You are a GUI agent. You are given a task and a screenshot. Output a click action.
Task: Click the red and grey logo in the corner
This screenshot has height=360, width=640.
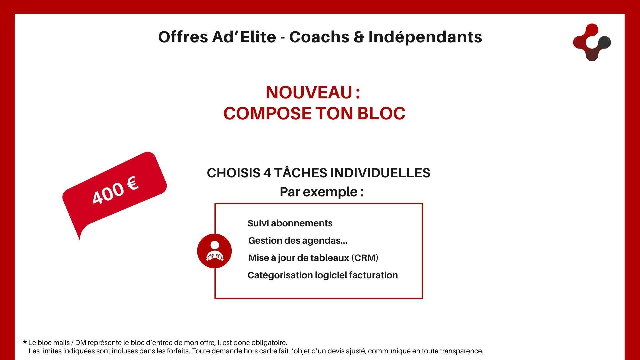click(x=592, y=42)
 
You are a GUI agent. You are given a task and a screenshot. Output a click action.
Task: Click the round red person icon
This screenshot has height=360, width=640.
click(x=214, y=251)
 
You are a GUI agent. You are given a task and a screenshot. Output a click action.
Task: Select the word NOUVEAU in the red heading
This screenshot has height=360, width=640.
click(x=309, y=92)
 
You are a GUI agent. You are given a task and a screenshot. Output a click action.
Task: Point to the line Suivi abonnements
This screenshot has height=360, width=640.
click(x=290, y=223)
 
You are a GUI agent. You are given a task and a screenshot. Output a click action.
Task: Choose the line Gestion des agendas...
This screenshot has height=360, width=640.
click(x=298, y=240)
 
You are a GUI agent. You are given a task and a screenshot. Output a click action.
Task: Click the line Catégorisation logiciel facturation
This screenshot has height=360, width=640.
click(x=323, y=275)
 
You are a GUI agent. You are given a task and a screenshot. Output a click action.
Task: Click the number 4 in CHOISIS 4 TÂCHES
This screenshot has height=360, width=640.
click(x=267, y=173)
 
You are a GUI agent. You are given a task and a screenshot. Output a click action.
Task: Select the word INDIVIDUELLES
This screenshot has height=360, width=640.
click(x=380, y=173)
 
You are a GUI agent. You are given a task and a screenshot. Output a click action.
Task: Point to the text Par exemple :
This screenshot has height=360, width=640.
click(x=322, y=192)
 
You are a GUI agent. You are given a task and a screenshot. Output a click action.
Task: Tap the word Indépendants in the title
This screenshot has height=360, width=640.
click(x=425, y=37)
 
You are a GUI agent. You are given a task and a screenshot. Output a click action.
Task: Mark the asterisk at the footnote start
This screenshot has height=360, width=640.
click(x=25, y=342)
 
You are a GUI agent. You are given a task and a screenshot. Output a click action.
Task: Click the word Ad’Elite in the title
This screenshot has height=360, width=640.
click(x=244, y=37)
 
